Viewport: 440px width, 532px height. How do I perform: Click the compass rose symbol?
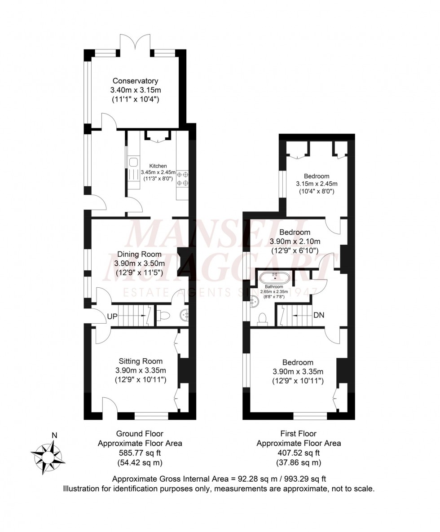pyautogui.click(x=47, y=456)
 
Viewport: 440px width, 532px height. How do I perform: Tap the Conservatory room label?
pyautogui.click(x=135, y=81)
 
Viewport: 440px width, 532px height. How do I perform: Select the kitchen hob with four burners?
pyautogui.click(x=182, y=178)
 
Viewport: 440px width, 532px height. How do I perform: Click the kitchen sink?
pyautogui.click(x=133, y=161)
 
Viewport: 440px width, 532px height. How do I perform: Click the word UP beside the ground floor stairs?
pyautogui.click(x=112, y=317)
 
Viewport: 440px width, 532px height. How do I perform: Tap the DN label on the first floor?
pyautogui.click(x=319, y=316)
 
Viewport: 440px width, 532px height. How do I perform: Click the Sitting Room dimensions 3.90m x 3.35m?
pyautogui.click(x=141, y=371)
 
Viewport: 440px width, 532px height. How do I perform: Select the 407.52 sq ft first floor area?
pyautogui.click(x=298, y=453)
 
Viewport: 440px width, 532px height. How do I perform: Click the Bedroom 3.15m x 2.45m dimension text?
pyautogui.click(x=317, y=184)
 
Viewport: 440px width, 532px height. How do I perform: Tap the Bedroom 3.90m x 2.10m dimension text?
pyautogui.click(x=295, y=242)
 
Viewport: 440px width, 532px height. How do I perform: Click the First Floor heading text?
pyautogui.click(x=298, y=434)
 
